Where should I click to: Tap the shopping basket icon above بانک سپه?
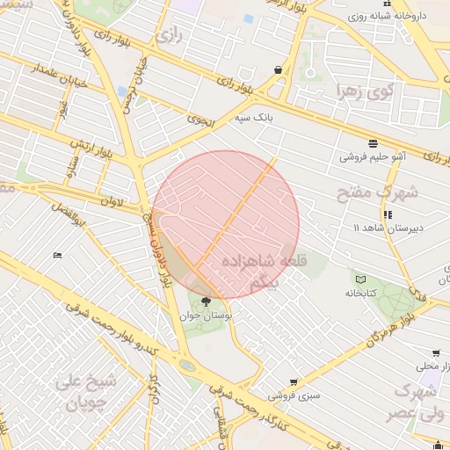point(279,69)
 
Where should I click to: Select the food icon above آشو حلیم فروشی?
point(374,142)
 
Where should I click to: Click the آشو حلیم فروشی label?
point(373,157)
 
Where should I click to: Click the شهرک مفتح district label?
point(384,191)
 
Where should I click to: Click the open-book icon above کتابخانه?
point(359,279)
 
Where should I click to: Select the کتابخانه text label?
point(360,293)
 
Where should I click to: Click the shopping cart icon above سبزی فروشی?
point(294,382)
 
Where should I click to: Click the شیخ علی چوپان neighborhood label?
point(84,393)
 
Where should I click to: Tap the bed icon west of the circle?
point(57,255)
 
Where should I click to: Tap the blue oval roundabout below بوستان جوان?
point(186,365)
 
